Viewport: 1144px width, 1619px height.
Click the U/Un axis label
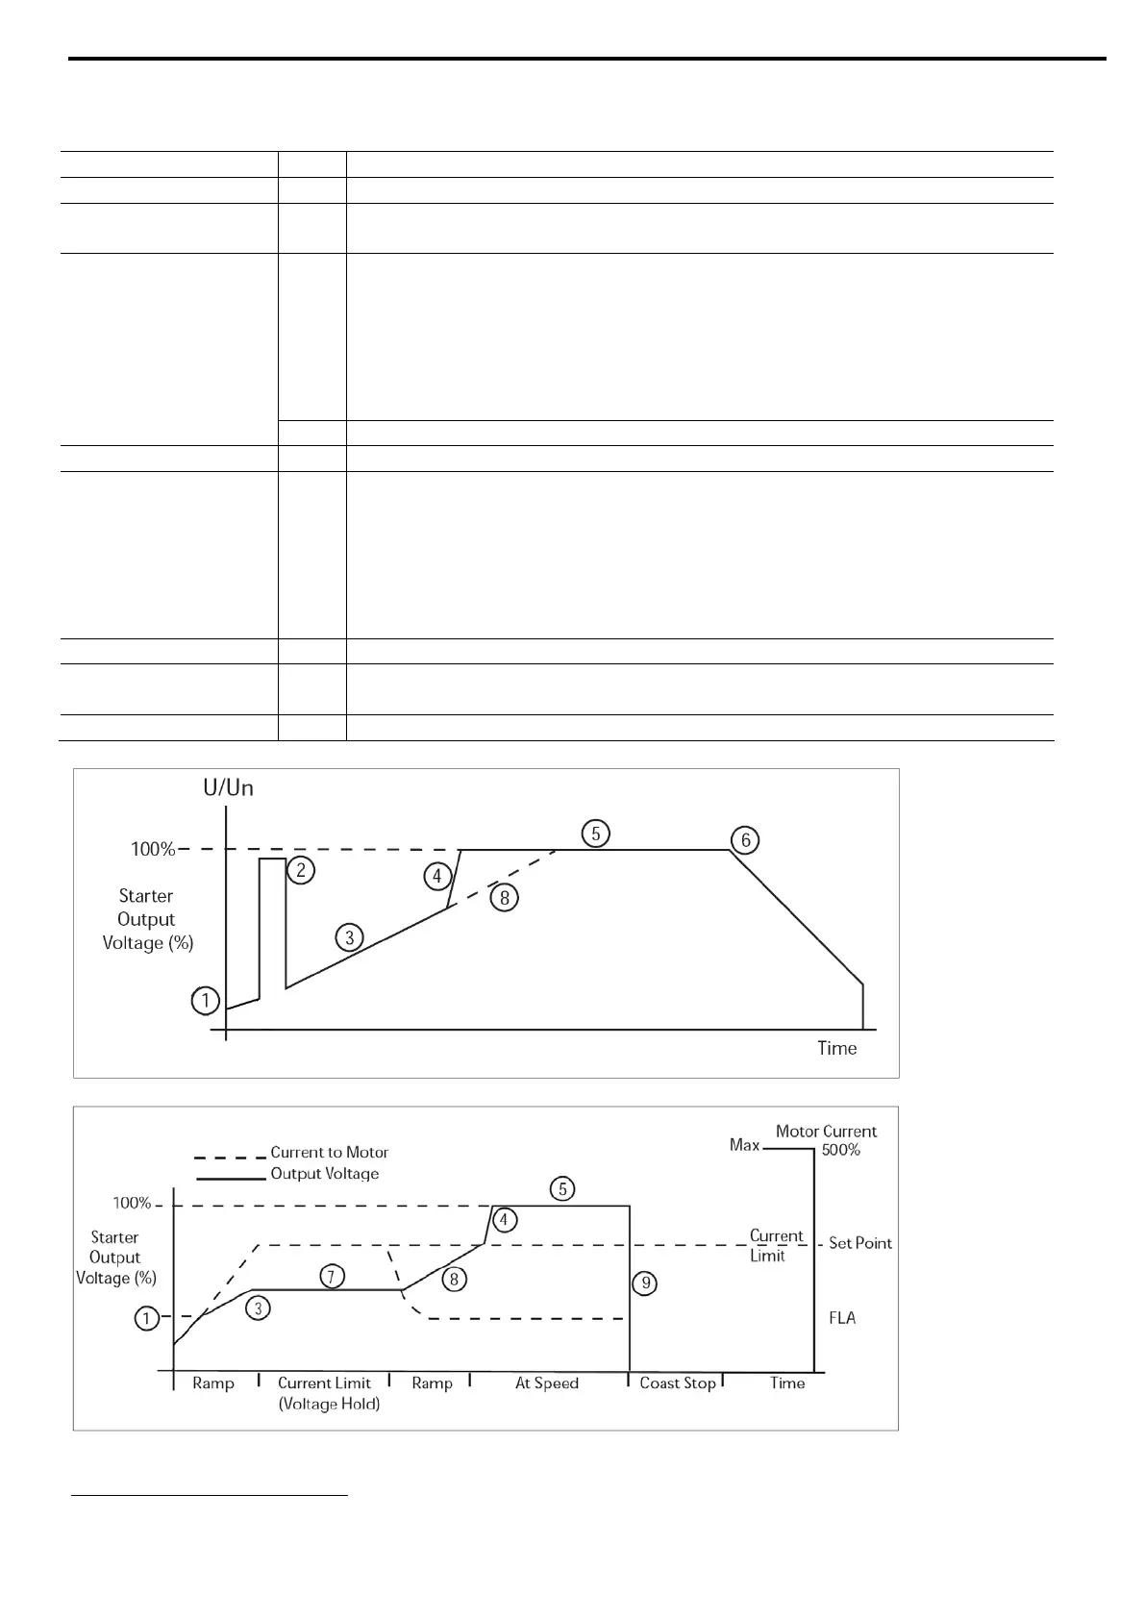pos(228,788)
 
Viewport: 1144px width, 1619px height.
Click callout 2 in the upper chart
pos(301,870)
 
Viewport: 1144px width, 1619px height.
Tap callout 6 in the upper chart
pos(745,840)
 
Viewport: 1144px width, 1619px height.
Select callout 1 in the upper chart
pos(205,1001)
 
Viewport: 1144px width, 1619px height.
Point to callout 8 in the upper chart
pos(504,898)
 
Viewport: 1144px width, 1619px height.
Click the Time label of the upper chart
pos(836,1048)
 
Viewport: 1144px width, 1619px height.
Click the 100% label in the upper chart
pos(153,849)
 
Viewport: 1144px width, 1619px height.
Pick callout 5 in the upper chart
pos(596,833)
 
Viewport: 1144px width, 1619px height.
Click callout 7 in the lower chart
pos(331,1276)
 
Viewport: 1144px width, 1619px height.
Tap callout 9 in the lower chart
pos(646,1283)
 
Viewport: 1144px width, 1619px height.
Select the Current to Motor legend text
pos(329,1152)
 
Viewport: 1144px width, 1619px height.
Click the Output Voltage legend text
pos(324,1173)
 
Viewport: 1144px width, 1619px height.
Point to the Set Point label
pos(860,1243)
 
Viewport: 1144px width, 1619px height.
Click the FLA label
pos(842,1318)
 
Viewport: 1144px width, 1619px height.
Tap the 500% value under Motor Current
pos(840,1150)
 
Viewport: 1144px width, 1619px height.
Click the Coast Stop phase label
pos(678,1382)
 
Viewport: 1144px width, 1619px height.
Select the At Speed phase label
pos(547,1382)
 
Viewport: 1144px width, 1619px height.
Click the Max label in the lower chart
pos(744,1145)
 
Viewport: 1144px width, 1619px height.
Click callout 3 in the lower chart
pos(258,1308)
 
